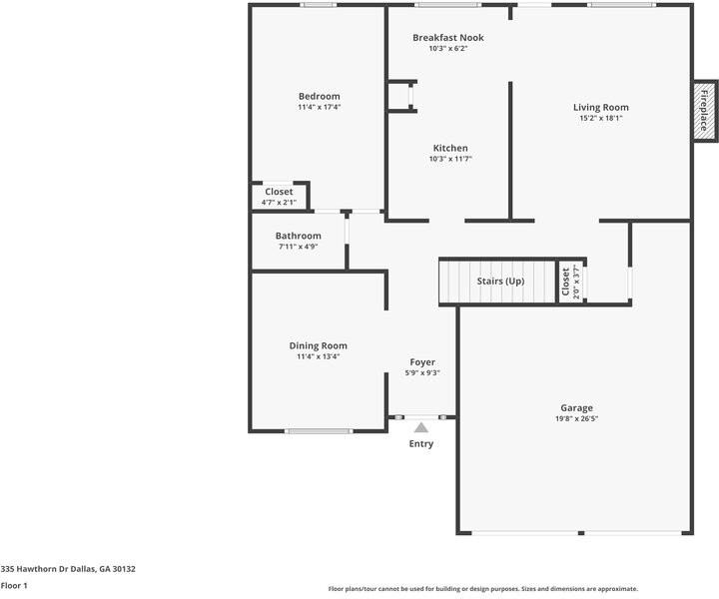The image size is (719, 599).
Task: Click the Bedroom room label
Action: [319, 96]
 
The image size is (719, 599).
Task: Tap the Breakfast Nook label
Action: [448, 38]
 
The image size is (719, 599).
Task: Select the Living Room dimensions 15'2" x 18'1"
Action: [600, 118]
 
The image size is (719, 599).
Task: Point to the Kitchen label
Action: [449, 148]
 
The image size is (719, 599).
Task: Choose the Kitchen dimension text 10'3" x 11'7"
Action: [449, 159]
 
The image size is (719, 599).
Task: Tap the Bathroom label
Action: [298, 236]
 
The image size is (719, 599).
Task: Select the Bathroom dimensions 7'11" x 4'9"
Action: [298, 247]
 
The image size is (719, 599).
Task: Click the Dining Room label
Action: [318, 345]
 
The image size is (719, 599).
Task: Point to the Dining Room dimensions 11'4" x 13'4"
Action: [318, 356]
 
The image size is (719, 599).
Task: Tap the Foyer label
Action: [422, 361]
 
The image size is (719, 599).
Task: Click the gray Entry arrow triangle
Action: [421, 427]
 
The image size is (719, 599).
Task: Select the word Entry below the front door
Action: [421, 444]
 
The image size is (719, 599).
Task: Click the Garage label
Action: [576, 407]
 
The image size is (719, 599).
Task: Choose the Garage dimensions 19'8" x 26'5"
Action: [576, 419]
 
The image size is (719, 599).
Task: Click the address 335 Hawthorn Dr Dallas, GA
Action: [68, 569]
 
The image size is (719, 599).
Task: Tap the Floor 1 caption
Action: [14, 586]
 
